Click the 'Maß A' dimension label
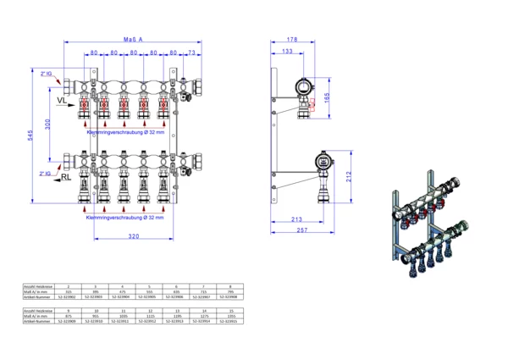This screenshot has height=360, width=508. point(131,38)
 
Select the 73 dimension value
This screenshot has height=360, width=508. point(192,53)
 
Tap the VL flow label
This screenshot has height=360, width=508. point(62,101)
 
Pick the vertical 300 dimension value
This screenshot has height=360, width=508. point(48,125)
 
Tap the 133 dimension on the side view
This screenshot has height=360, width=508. point(288,52)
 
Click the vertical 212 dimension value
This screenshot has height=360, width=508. point(347,176)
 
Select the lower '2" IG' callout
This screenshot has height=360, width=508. point(46,173)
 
